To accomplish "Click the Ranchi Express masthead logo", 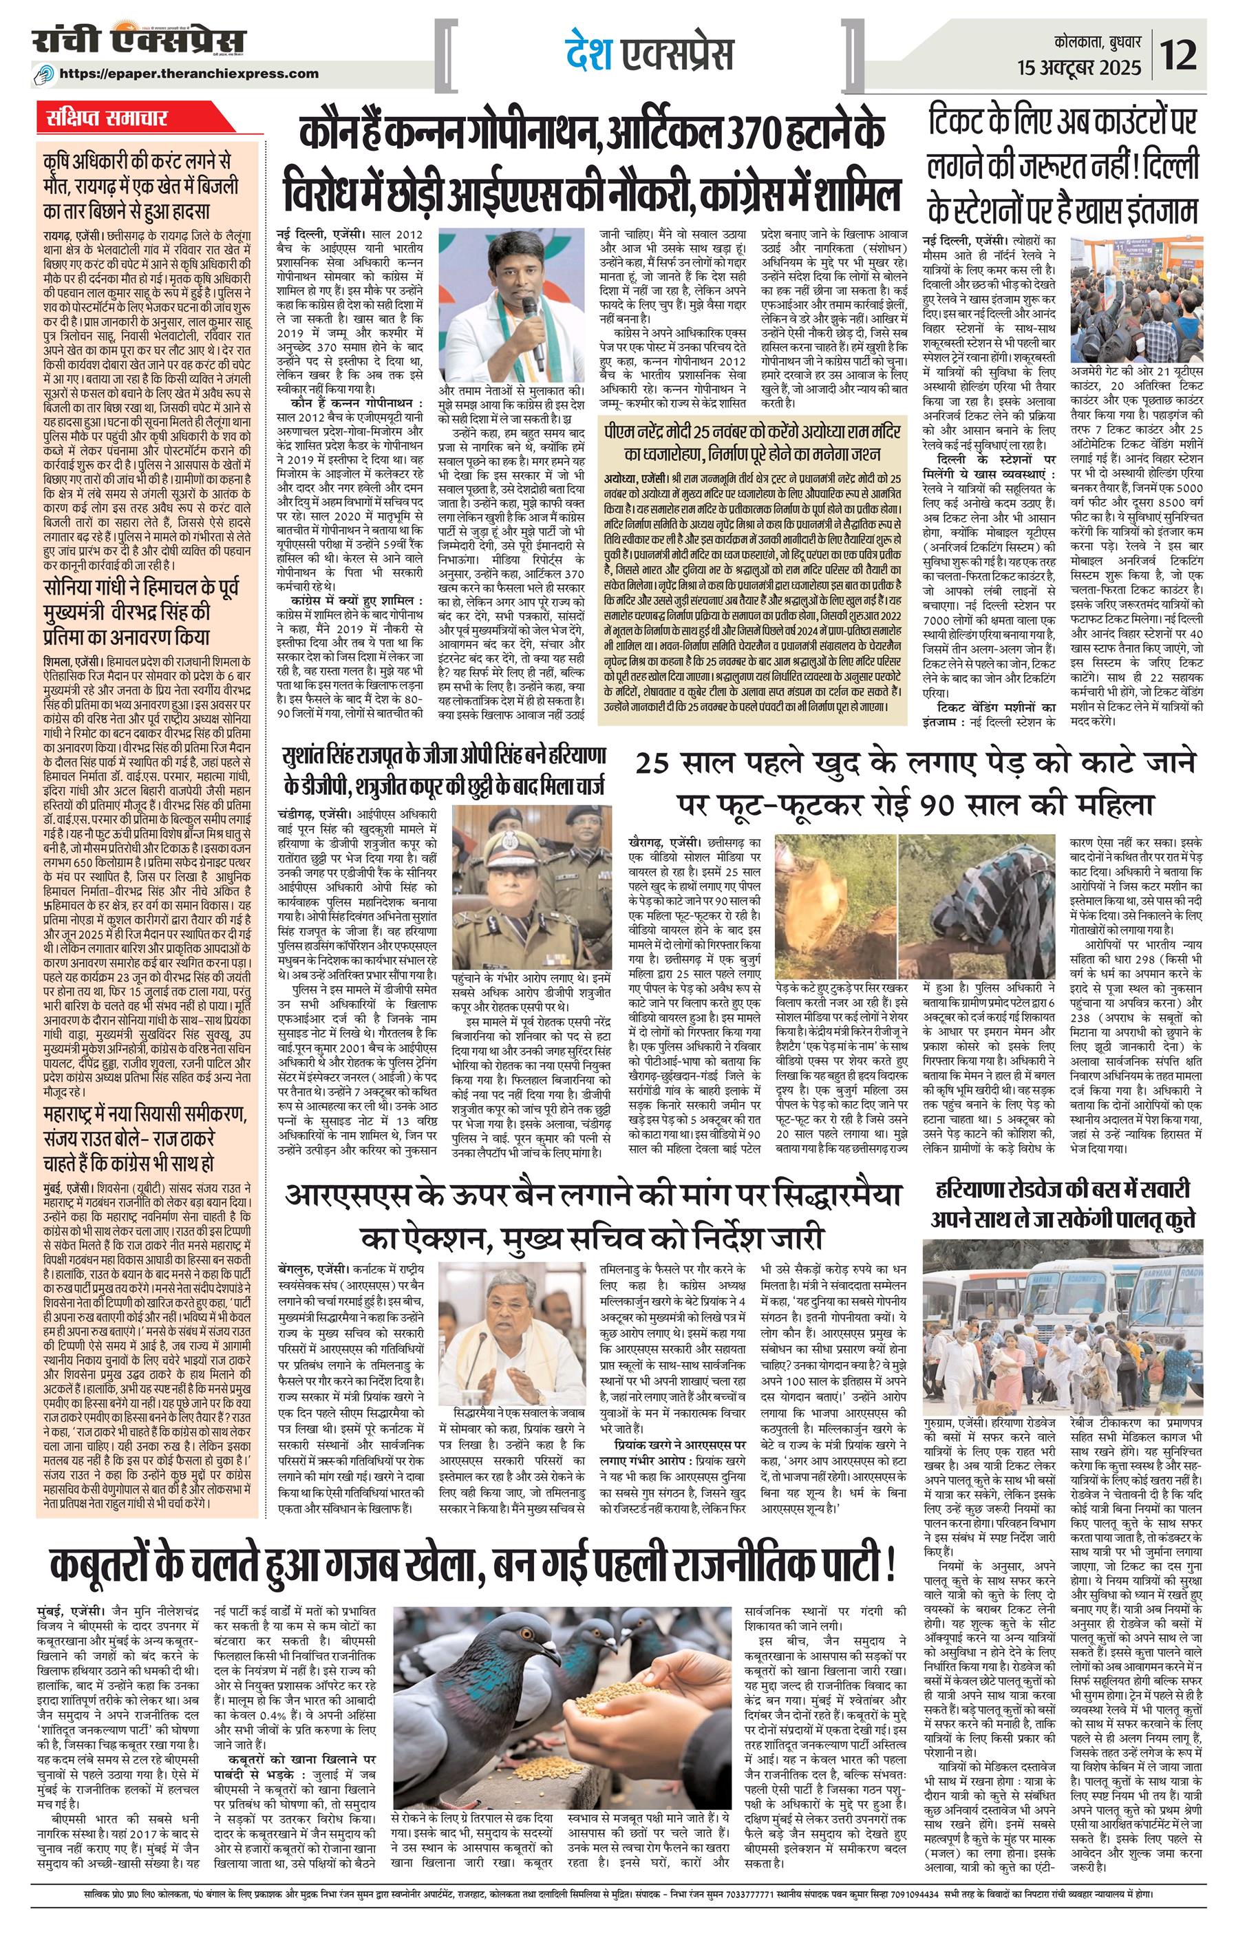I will pos(138,42).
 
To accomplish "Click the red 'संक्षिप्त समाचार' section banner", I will pos(106,118).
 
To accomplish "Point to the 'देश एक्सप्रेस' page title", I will pos(649,54).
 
